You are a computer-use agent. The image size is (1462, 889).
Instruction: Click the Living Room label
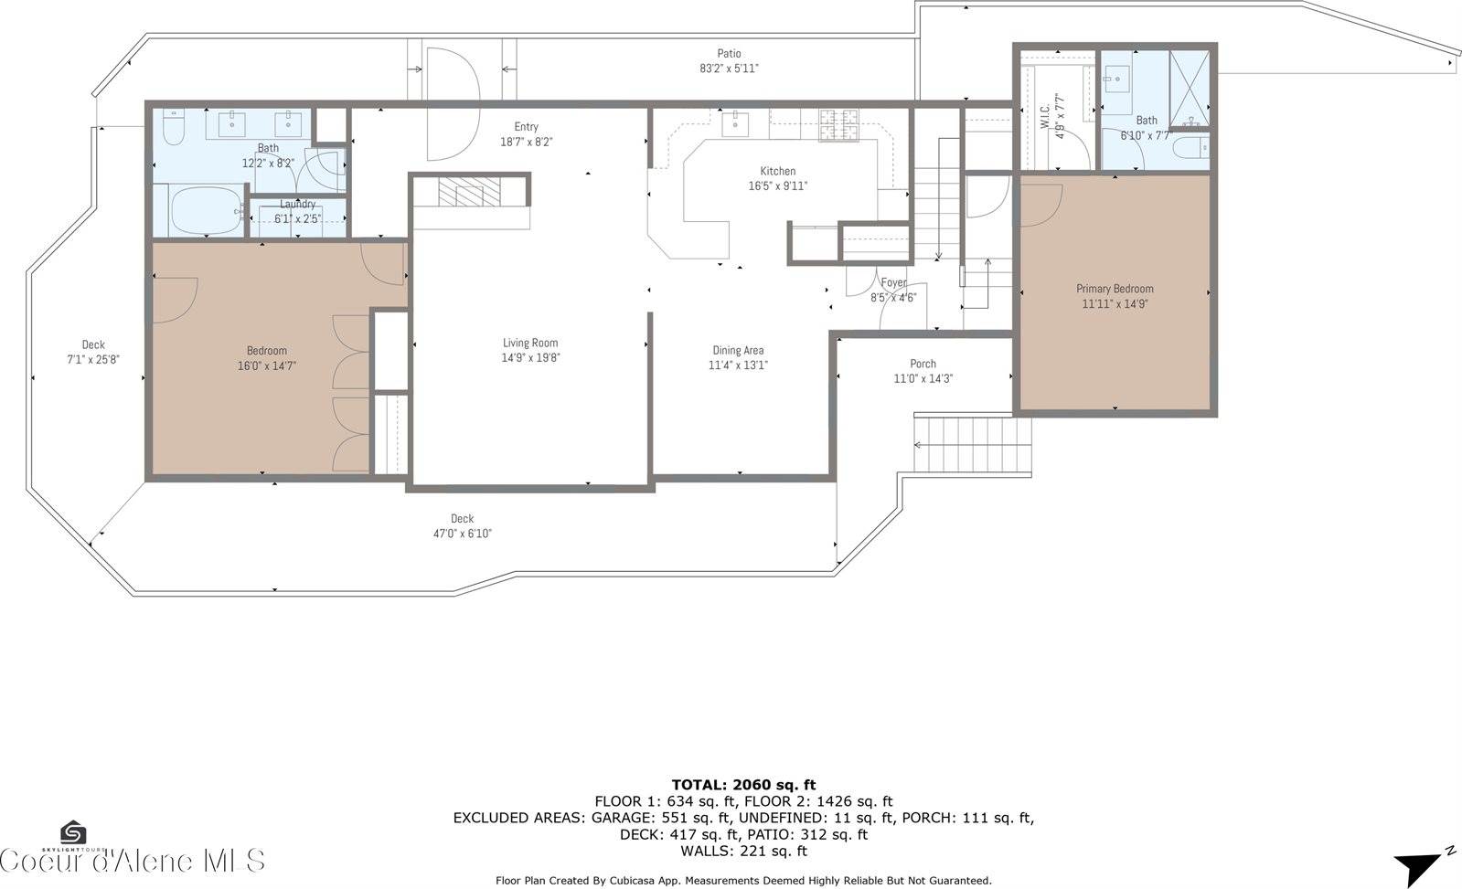pyautogui.click(x=530, y=344)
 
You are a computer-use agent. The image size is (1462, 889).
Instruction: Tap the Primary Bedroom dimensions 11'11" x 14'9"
pyautogui.click(x=1114, y=304)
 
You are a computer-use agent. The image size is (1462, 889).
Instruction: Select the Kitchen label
pyautogui.click(x=777, y=171)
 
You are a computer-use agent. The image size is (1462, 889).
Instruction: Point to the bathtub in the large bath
pyautogui.click(x=208, y=211)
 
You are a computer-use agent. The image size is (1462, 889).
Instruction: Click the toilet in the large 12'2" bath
pyautogui.click(x=174, y=127)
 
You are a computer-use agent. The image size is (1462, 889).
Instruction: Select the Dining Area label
pyautogui.click(x=738, y=350)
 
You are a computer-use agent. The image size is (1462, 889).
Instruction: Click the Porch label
pyautogui.click(x=923, y=364)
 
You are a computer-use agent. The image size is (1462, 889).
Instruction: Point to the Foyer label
pyautogui.click(x=893, y=283)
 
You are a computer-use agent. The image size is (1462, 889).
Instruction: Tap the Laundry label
pyautogui.click(x=297, y=205)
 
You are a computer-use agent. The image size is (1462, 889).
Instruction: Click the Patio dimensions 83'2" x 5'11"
pyautogui.click(x=729, y=69)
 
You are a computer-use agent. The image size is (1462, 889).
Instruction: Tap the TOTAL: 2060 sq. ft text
pyautogui.click(x=743, y=784)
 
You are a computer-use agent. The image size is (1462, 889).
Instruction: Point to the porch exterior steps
pyautogui.click(x=973, y=444)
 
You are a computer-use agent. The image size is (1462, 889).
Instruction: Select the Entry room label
pyautogui.click(x=526, y=127)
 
